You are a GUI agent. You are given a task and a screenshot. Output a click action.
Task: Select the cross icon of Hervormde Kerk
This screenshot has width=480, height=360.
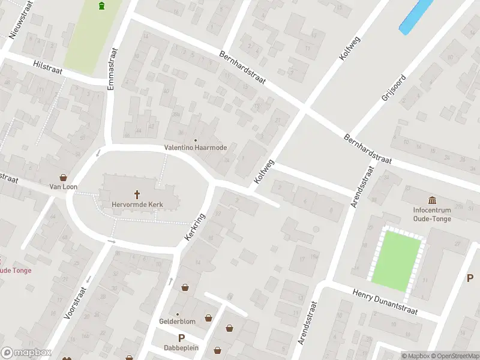(137, 194)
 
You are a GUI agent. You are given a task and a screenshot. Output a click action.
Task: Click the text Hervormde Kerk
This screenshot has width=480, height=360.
(137, 205)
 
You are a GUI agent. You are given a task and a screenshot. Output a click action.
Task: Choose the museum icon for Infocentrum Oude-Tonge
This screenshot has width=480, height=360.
(431, 200)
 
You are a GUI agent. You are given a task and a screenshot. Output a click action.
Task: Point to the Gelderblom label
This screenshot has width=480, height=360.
(177, 322)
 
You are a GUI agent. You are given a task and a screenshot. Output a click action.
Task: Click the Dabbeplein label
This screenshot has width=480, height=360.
(181, 347)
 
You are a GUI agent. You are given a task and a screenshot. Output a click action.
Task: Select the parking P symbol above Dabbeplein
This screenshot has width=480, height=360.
(181, 338)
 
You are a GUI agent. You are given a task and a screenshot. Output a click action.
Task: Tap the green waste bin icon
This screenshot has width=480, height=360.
(101, 6)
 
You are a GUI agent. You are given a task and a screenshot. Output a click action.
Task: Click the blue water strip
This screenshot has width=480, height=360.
(416, 16)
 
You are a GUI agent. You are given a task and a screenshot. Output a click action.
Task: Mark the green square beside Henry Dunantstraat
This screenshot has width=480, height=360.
(396, 262)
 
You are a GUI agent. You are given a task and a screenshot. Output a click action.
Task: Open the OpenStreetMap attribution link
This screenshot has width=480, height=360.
(456, 356)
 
